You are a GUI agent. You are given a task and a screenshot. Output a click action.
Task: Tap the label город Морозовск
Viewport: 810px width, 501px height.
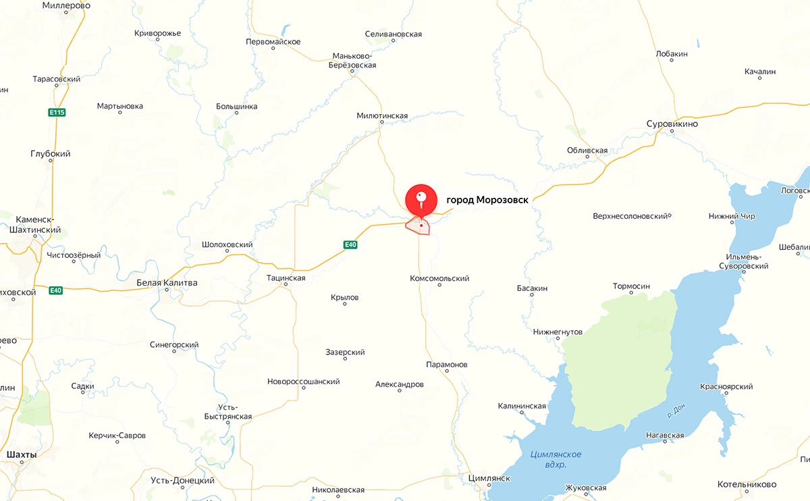(x=487, y=200)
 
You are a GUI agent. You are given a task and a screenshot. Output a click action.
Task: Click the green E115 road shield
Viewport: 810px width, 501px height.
(x=57, y=112)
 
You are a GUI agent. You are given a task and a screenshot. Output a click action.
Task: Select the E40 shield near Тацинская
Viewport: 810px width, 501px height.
(x=350, y=244)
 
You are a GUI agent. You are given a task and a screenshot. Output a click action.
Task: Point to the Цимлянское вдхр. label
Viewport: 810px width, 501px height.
(x=556, y=459)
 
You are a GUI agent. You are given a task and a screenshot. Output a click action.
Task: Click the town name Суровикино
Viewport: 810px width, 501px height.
(x=672, y=124)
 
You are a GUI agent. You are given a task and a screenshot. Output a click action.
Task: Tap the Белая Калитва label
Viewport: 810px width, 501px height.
(x=167, y=283)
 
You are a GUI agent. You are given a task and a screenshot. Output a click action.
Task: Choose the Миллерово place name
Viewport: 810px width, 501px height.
(x=66, y=5)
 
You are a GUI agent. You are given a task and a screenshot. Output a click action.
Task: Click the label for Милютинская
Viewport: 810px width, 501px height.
(x=382, y=116)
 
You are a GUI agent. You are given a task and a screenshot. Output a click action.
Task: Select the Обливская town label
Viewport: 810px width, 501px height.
(x=587, y=151)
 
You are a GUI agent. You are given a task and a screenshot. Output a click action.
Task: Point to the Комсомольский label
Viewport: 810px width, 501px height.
(x=439, y=278)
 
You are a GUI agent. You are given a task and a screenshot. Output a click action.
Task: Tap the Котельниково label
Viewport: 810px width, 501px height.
(x=747, y=484)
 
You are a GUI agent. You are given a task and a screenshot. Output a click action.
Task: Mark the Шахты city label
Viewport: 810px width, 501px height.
(x=21, y=455)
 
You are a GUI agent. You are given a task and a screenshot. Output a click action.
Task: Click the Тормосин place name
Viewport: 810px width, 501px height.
(x=630, y=286)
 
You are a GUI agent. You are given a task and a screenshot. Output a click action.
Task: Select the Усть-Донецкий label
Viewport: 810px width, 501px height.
(x=183, y=481)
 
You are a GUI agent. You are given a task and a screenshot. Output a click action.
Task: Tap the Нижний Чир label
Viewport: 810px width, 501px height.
(x=732, y=217)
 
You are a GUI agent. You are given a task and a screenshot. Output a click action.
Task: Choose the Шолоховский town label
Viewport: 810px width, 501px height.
(x=227, y=245)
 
